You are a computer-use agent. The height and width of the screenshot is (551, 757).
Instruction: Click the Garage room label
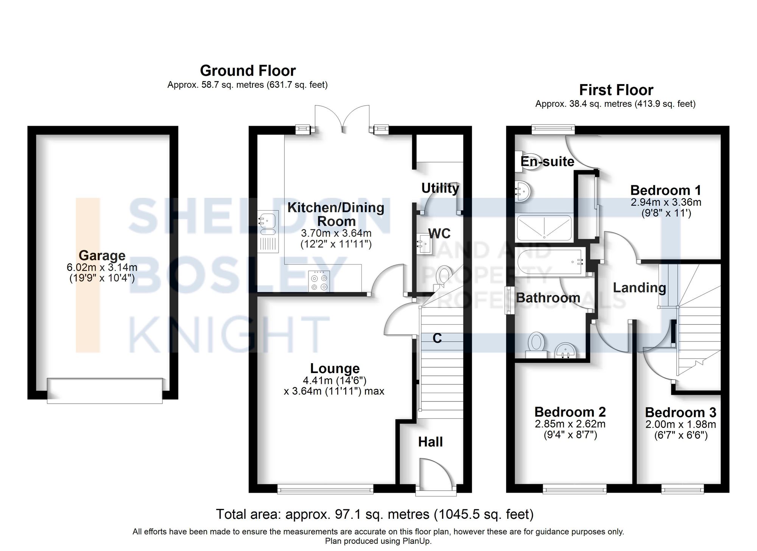click(102, 256)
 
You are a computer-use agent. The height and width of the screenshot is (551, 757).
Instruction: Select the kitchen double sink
click(268, 224)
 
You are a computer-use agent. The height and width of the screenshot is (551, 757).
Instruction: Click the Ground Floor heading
click(248, 71)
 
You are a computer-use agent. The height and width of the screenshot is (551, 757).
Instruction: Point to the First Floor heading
click(616, 90)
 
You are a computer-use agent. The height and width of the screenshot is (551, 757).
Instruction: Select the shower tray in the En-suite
click(544, 228)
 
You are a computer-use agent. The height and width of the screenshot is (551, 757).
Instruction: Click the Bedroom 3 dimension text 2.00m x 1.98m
click(681, 425)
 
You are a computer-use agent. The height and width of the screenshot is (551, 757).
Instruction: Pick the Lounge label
click(335, 368)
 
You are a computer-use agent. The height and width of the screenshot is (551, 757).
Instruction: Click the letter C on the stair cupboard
click(437, 338)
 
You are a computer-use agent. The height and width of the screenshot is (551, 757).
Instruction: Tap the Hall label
click(430, 442)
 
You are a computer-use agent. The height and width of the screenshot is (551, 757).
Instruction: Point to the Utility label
click(440, 188)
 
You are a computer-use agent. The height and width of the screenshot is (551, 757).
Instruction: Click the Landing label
click(639, 288)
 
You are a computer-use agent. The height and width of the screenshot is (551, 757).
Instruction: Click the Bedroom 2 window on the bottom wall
click(574, 490)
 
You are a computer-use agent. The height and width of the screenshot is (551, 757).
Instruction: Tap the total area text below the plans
click(374, 514)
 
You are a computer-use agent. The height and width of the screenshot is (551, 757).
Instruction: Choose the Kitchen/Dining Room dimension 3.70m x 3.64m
click(336, 233)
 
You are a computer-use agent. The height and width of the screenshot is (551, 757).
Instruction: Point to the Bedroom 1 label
click(665, 190)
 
